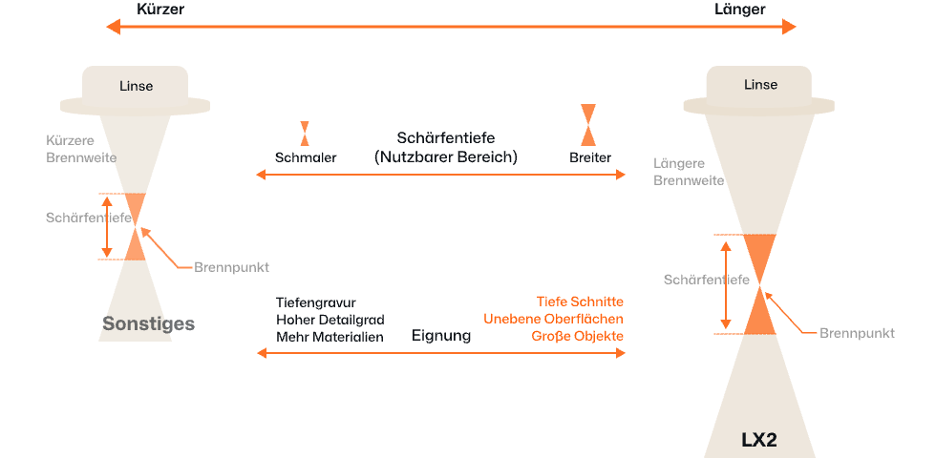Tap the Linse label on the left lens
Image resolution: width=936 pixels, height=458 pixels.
point(136,86)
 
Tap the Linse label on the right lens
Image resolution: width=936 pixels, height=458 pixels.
point(760,85)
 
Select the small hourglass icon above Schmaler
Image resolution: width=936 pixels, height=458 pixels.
point(305,133)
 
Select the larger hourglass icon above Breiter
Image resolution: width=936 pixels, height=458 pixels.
point(589,124)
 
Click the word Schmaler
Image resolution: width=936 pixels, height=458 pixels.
point(305,157)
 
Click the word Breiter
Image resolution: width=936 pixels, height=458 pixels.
point(589,157)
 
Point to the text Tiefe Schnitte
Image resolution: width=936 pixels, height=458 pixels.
point(580,301)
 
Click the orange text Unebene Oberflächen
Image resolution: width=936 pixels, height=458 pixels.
point(553,319)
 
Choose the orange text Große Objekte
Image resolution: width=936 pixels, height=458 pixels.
point(577,337)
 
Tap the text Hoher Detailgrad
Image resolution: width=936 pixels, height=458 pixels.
point(330,320)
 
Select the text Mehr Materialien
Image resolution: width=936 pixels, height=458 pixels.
point(330,337)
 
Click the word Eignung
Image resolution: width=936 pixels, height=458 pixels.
point(441,337)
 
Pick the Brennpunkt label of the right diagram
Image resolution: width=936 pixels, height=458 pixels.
point(857,333)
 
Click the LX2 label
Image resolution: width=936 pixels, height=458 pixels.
point(761,441)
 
